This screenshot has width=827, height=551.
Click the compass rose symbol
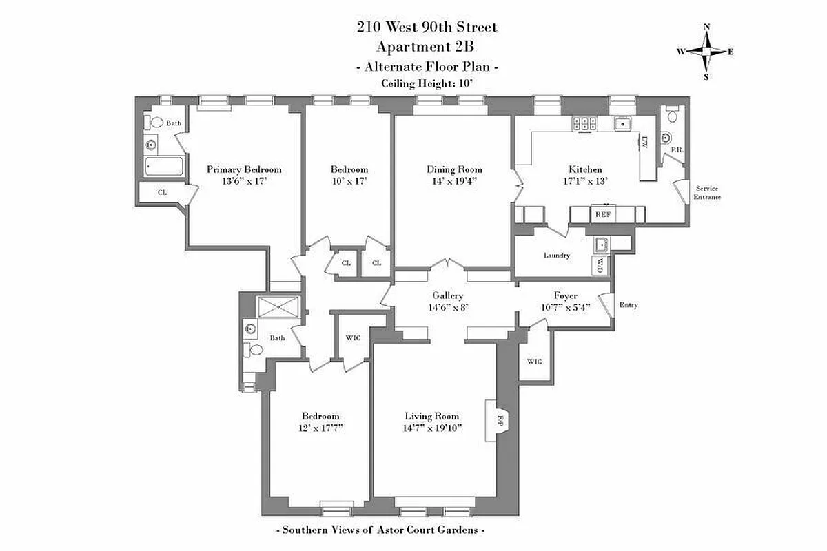[x=706, y=52]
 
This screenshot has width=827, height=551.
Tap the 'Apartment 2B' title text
[x=427, y=47]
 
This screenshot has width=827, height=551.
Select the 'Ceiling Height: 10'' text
[x=427, y=83]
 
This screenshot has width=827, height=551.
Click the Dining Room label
[x=454, y=169]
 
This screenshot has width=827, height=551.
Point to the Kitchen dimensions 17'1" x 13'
[x=585, y=181]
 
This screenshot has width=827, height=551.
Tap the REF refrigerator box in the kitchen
[x=603, y=215]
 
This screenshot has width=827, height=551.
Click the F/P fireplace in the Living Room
[x=499, y=419]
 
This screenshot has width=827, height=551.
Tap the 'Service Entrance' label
[x=708, y=192]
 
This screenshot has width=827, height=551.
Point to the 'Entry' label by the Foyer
[x=629, y=304]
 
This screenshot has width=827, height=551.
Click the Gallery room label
[x=448, y=295]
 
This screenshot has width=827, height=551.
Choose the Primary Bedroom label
[x=244, y=169]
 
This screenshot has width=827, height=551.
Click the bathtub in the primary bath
[x=164, y=167]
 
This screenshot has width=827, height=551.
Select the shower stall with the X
[x=277, y=307]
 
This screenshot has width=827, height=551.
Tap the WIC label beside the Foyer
[x=535, y=361]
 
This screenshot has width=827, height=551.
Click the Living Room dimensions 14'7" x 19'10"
[x=432, y=428]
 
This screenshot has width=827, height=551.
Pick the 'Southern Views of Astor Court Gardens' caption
[x=380, y=530]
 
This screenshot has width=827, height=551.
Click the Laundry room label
[x=557, y=256]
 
